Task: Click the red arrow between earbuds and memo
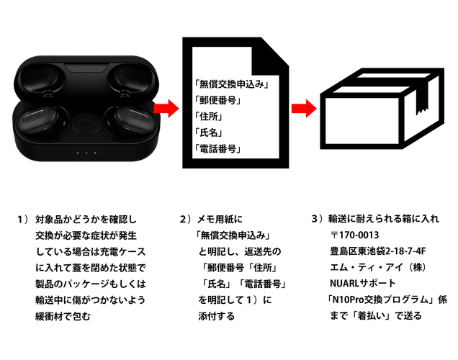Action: (x=166, y=109)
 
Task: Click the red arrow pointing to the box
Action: (x=303, y=109)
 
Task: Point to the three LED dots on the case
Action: (x=86, y=153)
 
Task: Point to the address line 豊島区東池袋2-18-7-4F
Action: (x=379, y=251)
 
